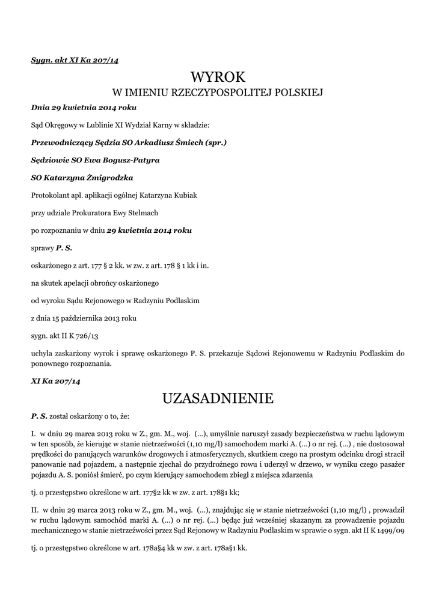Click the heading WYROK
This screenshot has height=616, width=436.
coord(218,76)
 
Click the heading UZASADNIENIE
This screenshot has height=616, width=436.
coord(218,398)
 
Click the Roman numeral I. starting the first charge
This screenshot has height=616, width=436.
coord(33,434)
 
